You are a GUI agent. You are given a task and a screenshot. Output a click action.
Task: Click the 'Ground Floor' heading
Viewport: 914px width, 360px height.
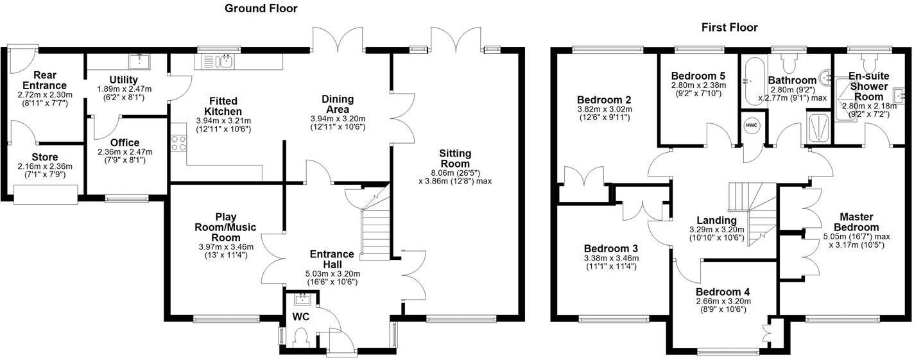coord(261,8)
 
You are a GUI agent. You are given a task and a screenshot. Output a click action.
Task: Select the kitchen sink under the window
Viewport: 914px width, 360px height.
coord(219,61)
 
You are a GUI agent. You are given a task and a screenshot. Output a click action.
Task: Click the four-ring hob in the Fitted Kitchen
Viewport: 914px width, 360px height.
coord(178,143)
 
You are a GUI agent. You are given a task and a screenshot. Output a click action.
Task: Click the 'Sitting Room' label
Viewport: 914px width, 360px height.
coord(455,159)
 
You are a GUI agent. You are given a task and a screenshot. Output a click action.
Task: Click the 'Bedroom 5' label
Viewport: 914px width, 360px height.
coord(689,74)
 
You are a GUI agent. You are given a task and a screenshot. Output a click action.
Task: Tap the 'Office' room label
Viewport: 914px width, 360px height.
coord(125,142)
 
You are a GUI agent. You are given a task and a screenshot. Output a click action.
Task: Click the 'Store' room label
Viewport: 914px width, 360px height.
coord(45,157)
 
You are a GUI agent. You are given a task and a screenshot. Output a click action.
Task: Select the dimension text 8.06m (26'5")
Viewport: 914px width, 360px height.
coord(455,172)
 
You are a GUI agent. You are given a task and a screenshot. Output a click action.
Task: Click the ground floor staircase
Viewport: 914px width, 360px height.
coord(375,225)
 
